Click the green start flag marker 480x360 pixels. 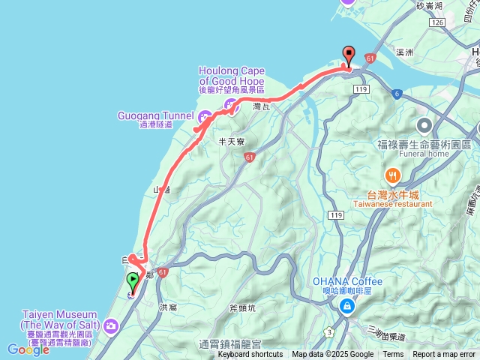click(x=133, y=282)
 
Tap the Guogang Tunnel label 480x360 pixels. click(x=155, y=116)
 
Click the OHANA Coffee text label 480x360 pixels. click(x=347, y=282)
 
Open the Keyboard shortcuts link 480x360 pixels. click(x=251, y=355)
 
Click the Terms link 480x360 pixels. click(x=393, y=355)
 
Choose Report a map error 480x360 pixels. click(x=444, y=355)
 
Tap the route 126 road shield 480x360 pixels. click(x=438, y=23)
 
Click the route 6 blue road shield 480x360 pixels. click(x=396, y=94)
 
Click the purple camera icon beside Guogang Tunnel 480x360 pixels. click(x=204, y=116)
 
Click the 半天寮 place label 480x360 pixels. click(x=232, y=141)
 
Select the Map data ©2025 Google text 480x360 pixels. click(x=332, y=355)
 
